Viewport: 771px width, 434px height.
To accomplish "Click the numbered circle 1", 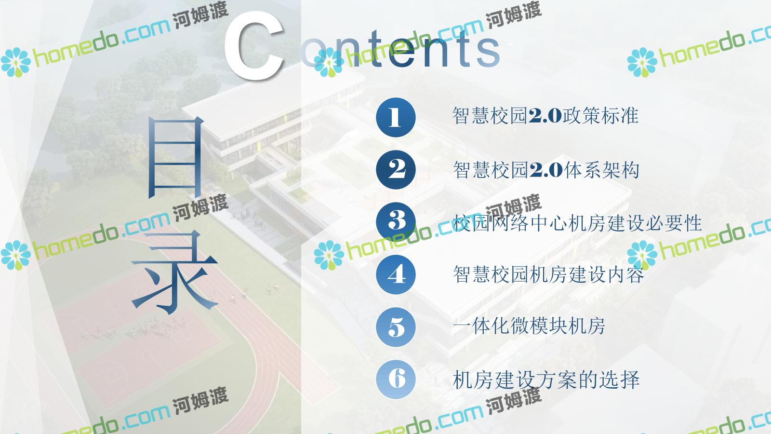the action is pos(396,117).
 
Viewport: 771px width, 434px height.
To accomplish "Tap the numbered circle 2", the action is pos(396,169).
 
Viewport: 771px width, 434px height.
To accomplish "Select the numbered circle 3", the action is pos(396,222).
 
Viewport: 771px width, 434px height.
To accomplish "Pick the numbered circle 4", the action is pos(396,274).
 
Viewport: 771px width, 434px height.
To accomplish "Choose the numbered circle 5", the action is pos(396,327).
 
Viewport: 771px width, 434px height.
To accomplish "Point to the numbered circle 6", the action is pos(396,379).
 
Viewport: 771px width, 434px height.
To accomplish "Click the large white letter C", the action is pos(254,45).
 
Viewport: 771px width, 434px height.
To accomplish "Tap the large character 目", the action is pos(175,157).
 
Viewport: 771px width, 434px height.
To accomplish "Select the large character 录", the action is pos(174,272).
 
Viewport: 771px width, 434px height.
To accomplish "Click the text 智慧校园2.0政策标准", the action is pos(545,116).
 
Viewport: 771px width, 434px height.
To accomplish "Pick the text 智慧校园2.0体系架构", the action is pos(546,170).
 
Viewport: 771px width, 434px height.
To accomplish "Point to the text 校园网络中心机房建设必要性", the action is pos(577,223).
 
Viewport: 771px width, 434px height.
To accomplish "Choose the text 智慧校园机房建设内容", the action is pos(548,274).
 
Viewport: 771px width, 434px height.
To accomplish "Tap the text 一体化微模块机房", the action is pos(529,326).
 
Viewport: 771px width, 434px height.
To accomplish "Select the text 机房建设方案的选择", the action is pos(546,380).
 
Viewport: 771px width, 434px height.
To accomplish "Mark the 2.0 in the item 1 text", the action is pos(545,116).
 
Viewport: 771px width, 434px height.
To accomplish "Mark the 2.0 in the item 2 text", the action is pos(546,170).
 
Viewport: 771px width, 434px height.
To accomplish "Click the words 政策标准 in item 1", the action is pos(600,116).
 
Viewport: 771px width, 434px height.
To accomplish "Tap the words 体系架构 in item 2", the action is pos(602,170).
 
